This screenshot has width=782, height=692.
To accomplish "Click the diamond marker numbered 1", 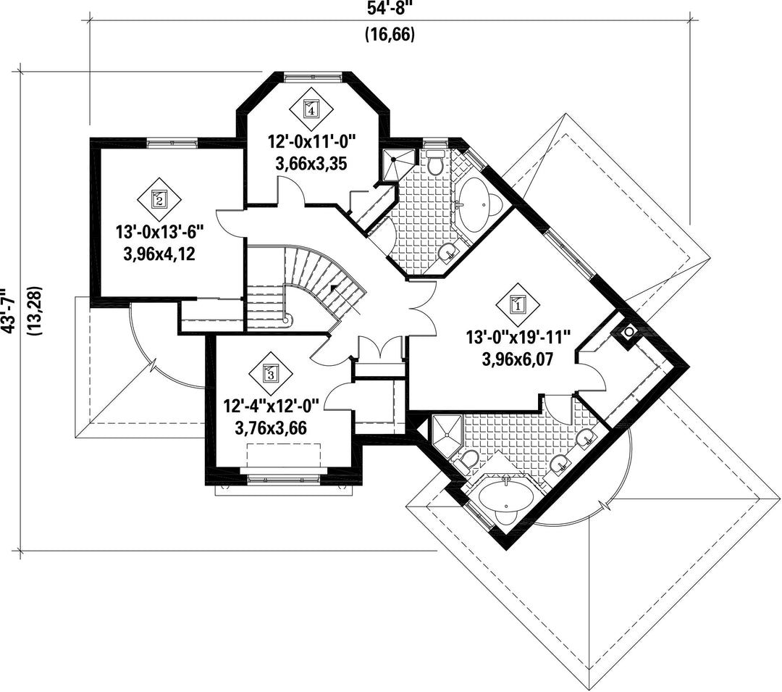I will (x=518, y=304).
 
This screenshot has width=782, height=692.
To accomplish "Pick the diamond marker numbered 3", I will (x=270, y=374).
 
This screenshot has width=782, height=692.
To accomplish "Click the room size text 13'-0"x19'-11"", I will (x=519, y=337).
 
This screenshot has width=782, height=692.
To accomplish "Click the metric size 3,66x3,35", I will (x=312, y=163).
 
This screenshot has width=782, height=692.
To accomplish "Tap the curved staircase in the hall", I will (x=311, y=286).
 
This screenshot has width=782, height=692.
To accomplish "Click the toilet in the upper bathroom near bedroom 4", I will (x=435, y=164).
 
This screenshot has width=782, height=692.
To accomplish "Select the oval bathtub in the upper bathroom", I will (x=478, y=205).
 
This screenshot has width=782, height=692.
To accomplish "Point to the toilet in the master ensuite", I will (x=469, y=459).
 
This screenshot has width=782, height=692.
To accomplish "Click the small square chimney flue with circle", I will (x=628, y=331).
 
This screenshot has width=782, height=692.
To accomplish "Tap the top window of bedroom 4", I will (x=311, y=75).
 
